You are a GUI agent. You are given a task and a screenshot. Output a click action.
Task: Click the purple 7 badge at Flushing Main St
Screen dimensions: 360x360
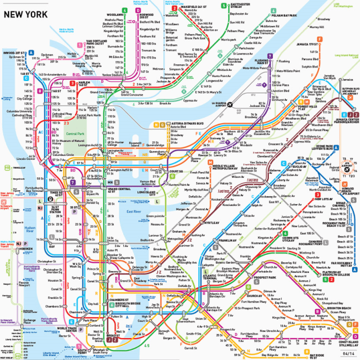click(271, 56)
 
